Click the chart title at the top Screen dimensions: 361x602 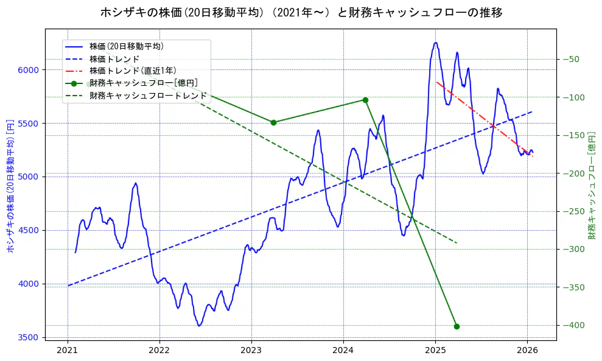pyautogui.click(x=301, y=12)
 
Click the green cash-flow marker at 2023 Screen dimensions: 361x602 pyautogui.click(x=273, y=122)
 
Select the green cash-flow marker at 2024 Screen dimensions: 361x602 pyautogui.click(x=365, y=100)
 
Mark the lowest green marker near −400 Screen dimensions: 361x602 pyautogui.click(x=457, y=326)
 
